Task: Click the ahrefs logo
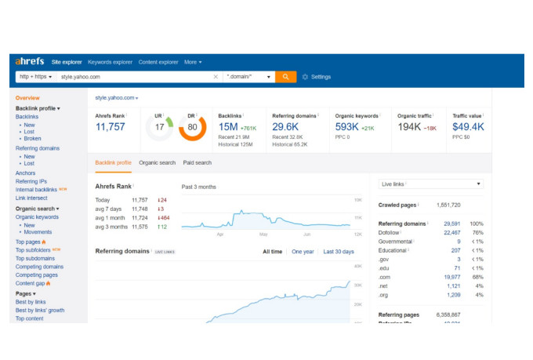pos(30,61)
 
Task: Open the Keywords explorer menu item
pos(110,62)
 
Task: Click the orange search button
pos(286,77)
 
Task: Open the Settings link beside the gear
pos(321,77)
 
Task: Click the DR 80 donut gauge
pos(192,127)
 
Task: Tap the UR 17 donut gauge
pos(159,127)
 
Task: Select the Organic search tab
pos(157,162)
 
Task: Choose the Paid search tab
pos(197,162)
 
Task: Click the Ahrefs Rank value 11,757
pos(111,126)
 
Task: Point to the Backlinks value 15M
pos(228,126)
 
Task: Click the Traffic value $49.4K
pos(468,126)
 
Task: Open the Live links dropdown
pos(430,184)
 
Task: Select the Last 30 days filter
pos(339,252)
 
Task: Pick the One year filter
pos(303,252)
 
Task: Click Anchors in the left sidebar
pos(25,173)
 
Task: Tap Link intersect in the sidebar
pos(31,198)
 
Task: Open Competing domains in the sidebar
pos(39,267)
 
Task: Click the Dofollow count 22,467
pos(452,232)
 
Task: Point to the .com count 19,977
pos(452,276)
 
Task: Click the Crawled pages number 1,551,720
pos(448,205)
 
